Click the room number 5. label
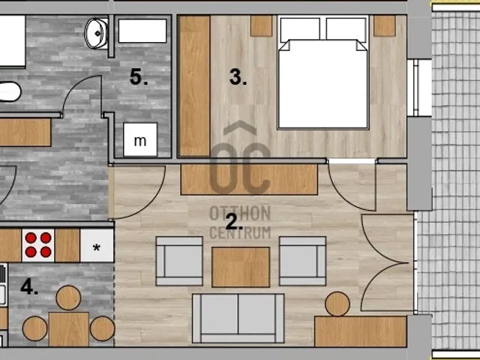[x=139, y=76]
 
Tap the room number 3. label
[x=238, y=76]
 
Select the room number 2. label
[x=234, y=222]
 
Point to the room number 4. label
[x=29, y=287]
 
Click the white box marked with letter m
[x=140, y=139]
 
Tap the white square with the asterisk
[x=97, y=245]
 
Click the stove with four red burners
[x=38, y=245]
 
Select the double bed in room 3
[x=323, y=73]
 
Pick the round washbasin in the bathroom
[x=97, y=33]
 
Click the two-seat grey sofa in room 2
[x=238, y=318]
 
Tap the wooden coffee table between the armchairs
[x=241, y=267]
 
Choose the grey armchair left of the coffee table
[x=179, y=261]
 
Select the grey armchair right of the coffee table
[x=303, y=261]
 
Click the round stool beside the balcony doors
[x=337, y=304]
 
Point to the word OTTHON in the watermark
[x=240, y=213]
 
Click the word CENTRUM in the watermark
[x=240, y=232]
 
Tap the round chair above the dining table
[x=68, y=298]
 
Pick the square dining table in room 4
[x=69, y=329]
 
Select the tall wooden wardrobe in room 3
[x=195, y=86]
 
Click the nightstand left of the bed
[x=262, y=26]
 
